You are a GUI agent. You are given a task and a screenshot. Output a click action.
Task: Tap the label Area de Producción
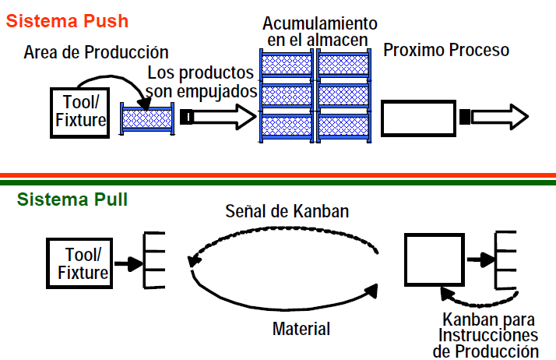tap(96, 52)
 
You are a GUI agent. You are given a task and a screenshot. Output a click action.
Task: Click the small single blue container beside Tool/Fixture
tap(147, 119)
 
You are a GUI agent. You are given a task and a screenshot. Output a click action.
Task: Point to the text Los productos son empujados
tap(200, 83)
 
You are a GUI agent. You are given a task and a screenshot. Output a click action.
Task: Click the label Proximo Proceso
tap(446, 51)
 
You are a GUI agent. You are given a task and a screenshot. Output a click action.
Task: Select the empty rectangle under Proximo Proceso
tap(418, 118)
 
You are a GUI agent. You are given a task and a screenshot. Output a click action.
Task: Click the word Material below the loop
tap(301, 329)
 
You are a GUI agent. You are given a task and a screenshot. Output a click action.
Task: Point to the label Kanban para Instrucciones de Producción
tap(490, 335)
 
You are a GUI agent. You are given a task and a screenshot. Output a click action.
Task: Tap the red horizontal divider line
tap(278, 175)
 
